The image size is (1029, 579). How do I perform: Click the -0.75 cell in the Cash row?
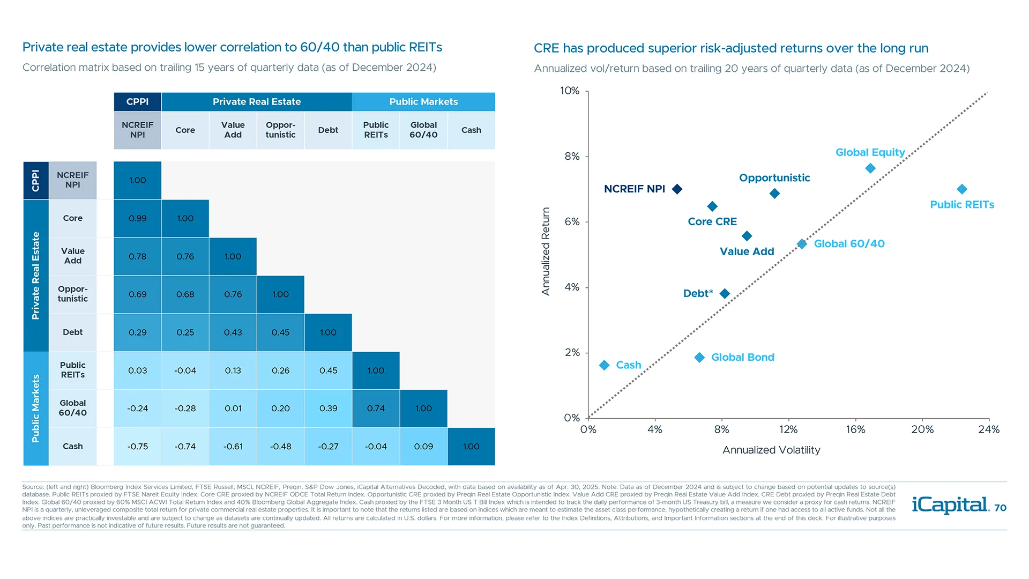[x=137, y=447]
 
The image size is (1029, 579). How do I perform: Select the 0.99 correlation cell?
[x=137, y=219]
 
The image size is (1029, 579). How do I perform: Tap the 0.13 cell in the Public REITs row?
[x=233, y=370]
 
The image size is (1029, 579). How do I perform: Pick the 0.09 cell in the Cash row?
[x=423, y=447]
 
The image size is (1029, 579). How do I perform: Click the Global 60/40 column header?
[x=423, y=130]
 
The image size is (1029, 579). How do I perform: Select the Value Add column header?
[x=233, y=130]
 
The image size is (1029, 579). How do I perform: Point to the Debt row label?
[x=73, y=332]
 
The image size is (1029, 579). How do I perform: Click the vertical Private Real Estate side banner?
[x=36, y=276]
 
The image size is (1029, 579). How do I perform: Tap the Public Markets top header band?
[x=423, y=102]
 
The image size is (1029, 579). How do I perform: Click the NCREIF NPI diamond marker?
[x=677, y=189]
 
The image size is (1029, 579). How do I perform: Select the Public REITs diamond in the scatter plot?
[x=962, y=189]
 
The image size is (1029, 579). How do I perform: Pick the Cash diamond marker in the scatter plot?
[x=604, y=365]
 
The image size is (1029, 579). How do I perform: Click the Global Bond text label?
[x=742, y=358]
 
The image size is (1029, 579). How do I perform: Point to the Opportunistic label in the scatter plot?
[x=774, y=178]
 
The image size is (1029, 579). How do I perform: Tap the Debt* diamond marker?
[x=725, y=294]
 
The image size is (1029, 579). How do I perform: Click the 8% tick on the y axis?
[x=572, y=157]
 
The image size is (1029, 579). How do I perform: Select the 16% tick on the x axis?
[x=855, y=429]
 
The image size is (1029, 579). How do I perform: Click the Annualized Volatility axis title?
[x=771, y=450]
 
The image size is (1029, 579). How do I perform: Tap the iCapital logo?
[x=949, y=505]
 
